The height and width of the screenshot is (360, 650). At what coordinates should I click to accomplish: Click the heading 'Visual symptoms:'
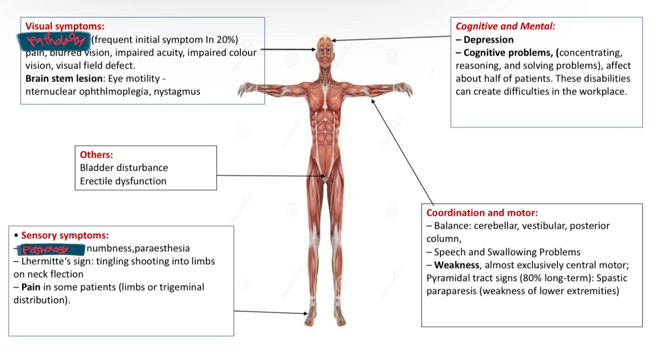pos(65,26)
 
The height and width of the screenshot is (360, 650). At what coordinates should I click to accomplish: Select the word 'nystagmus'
pos(177,91)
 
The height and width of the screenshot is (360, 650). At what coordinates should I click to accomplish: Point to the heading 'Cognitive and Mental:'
pos(505,26)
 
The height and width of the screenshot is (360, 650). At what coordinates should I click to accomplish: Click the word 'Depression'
pos(488,39)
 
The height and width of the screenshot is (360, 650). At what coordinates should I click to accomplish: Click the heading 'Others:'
pos(96,154)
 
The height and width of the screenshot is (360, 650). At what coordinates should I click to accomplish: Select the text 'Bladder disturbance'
pos(124,168)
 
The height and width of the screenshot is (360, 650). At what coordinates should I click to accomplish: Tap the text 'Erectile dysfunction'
pos(123,181)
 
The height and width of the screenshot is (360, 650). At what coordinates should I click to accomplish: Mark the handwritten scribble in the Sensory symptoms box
pos(51,249)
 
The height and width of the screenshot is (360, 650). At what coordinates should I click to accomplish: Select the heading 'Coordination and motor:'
pos(482,213)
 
